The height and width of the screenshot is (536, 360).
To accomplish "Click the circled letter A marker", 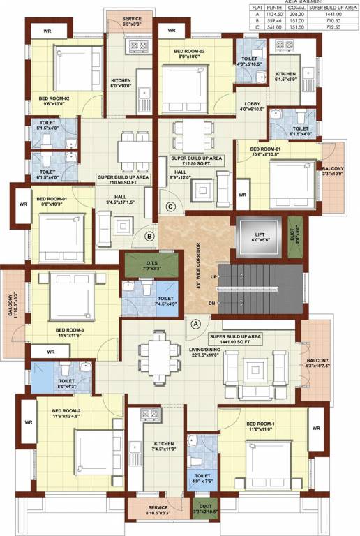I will (196, 324).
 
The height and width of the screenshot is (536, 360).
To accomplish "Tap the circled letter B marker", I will (149, 237).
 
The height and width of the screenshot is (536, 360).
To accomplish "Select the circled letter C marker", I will (171, 206).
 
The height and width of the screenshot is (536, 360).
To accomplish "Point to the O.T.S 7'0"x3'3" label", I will (151, 265).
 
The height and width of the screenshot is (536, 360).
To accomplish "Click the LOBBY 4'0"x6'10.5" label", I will (250, 106).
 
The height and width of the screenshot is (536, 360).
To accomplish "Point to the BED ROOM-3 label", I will (70, 332).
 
